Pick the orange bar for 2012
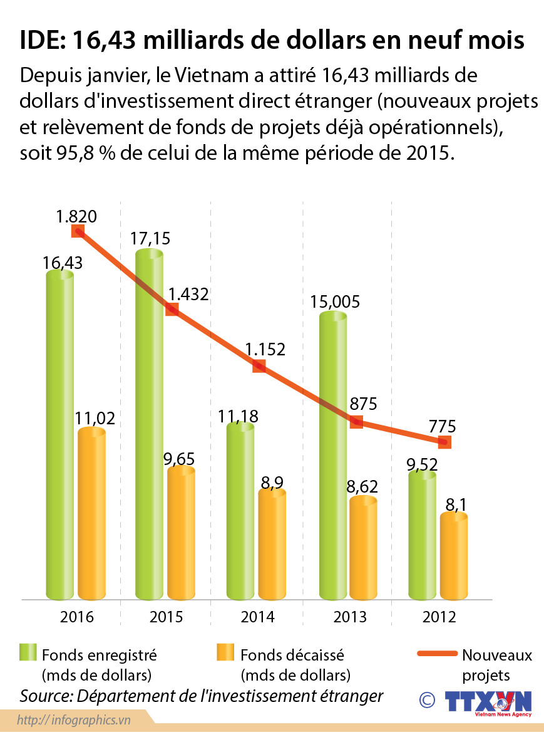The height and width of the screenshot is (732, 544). (454, 555)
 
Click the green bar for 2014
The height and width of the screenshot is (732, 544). (241, 511)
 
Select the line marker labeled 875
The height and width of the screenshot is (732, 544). (356, 421)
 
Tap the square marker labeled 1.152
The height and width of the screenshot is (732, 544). (259, 366)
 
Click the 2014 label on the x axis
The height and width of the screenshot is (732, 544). (257, 617)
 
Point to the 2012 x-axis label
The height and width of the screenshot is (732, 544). (438, 617)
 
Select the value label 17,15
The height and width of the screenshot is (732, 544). (150, 238)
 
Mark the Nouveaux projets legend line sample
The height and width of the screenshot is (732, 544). (437, 654)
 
